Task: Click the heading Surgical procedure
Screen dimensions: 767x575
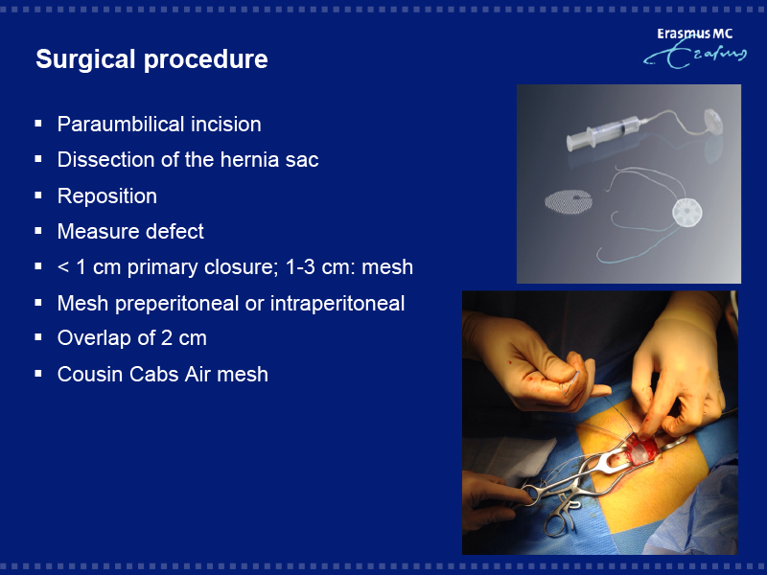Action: click(x=151, y=59)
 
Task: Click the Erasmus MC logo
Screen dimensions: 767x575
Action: click(x=695, y=48)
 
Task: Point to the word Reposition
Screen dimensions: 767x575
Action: click(x=107, y=196)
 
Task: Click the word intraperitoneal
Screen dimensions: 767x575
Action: click(x=337, y=304)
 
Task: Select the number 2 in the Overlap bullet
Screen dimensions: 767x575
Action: click(x=166, y=338)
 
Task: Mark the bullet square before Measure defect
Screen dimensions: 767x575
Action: click(x=38, y=231)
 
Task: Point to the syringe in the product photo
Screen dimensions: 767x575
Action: click(x=604, y=131)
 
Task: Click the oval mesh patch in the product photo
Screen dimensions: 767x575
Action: click(x=569, y=201)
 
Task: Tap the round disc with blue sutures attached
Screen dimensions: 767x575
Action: click(x=686, y=213)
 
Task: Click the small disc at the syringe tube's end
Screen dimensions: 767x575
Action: click(x=713, y=122)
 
